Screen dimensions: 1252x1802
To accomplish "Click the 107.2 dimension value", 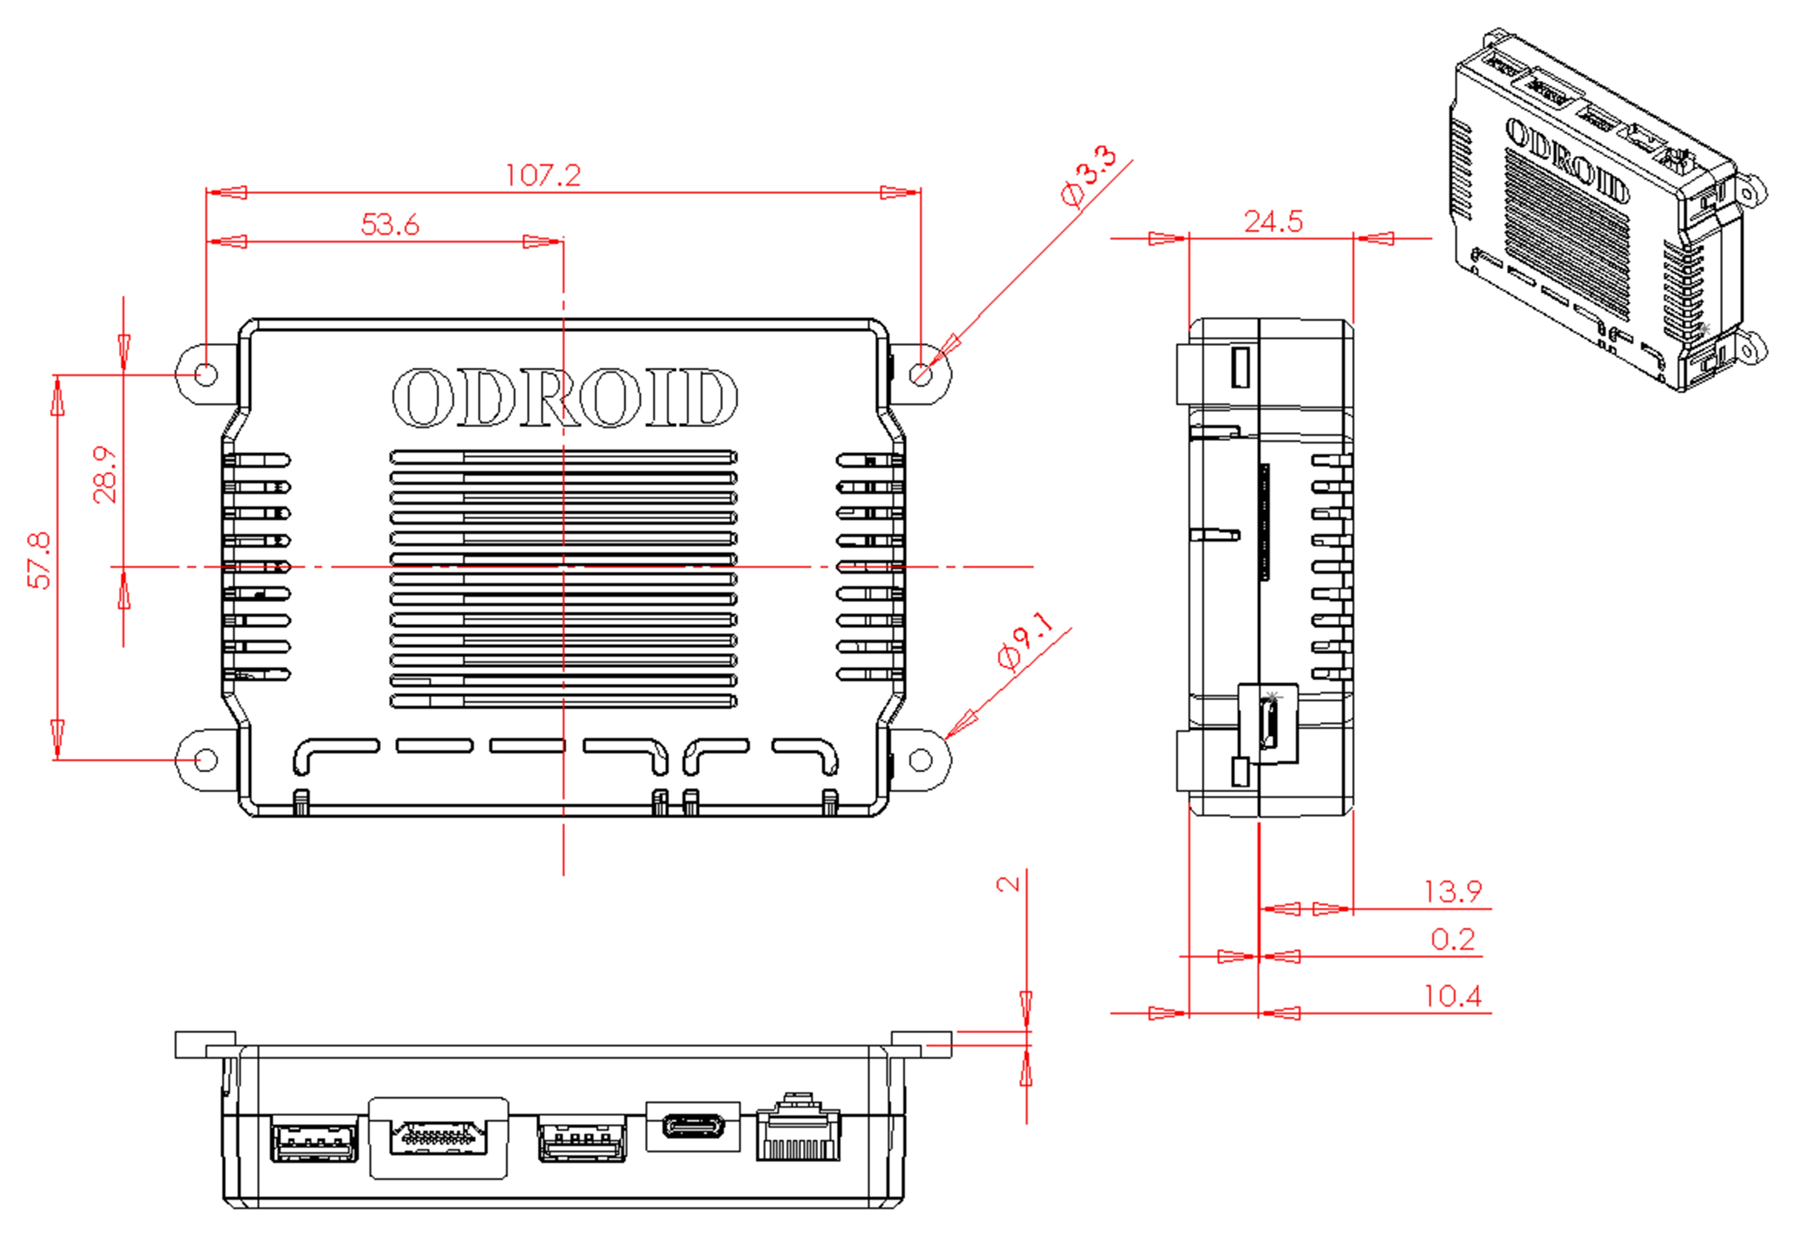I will tap(543, 175).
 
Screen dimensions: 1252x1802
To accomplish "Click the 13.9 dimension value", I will tap(1452, 891).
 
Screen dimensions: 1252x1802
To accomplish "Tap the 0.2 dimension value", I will tap(1452, 939).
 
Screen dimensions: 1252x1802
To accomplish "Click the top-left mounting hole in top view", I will tap(205, 374).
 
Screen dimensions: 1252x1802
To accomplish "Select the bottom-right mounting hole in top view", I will tap(921, 759).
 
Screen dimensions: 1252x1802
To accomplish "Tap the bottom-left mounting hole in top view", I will tap(205, 759).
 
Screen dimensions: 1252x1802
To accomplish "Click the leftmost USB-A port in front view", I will tap(314, 1138).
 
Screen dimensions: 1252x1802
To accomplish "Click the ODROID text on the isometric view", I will tap(1566, 161).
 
